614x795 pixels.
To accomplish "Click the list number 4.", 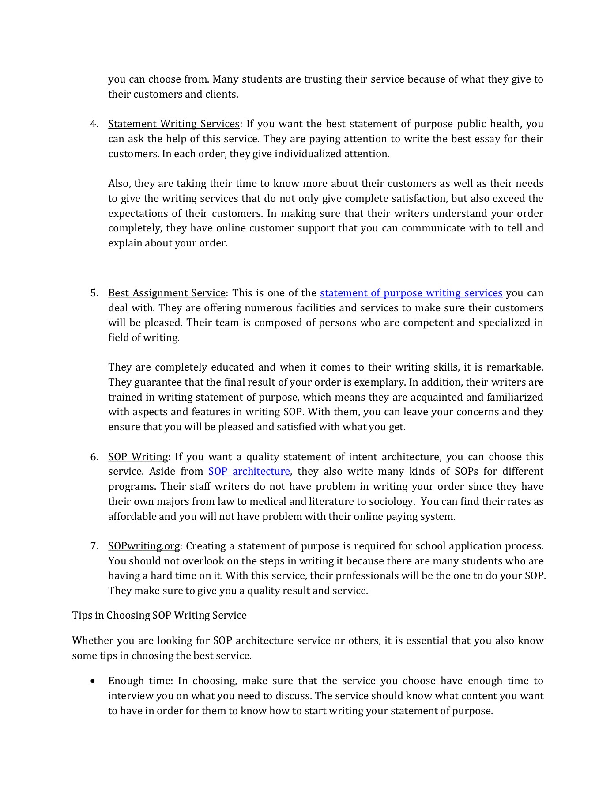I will [x=94, y=124].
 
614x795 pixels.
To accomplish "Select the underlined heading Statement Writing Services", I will [x=173, y=124].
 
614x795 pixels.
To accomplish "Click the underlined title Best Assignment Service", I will [x=167, y=293].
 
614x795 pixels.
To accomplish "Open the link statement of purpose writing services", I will [x=411, y=293].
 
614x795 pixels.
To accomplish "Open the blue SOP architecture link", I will [x=249, y=472].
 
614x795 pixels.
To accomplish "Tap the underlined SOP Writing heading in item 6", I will [x=138, y=457].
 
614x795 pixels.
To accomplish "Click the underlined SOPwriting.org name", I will [x=144, y=546].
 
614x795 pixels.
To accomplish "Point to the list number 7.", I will [x=94, y=546].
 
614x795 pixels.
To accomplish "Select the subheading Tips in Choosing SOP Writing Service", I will [x=159, y=616].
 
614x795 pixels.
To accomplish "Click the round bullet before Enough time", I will [x=93, y=681].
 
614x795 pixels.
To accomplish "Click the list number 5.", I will [x=94, y=293].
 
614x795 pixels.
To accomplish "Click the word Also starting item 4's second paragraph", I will [x=119, y=184].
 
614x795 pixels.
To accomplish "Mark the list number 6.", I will [x=94, y=457].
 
